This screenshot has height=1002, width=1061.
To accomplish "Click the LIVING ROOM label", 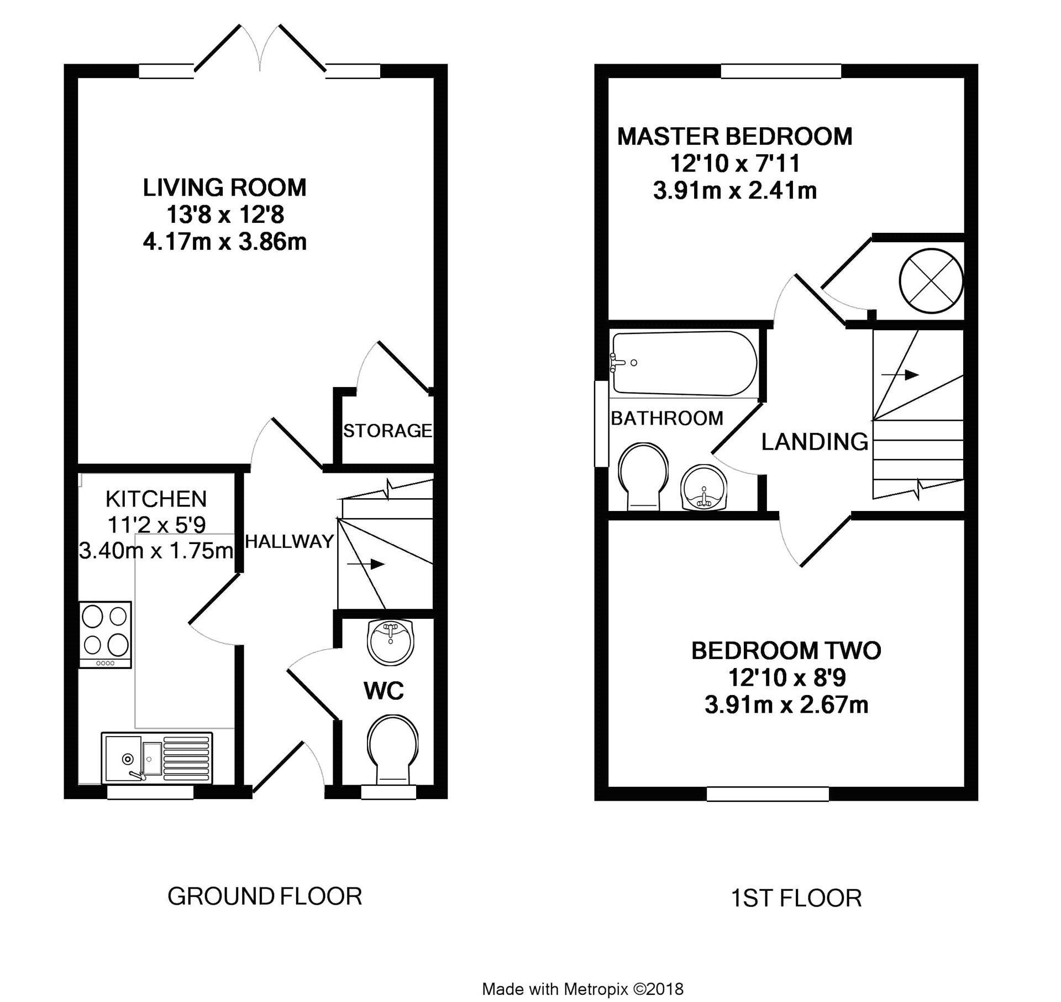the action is tap(224, 188).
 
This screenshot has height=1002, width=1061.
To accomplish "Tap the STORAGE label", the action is tap(387, 430).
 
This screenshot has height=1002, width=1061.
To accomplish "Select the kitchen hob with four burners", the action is tap(105, 635).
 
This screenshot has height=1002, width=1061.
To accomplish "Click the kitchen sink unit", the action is tap(157, 758).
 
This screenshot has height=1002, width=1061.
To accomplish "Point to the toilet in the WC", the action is tap(392, 749).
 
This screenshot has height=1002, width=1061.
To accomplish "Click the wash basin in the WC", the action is tap(391, 642).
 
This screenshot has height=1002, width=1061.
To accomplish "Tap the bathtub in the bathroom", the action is tap(684, 363).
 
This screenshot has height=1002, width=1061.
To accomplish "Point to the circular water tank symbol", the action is tap(931, 281).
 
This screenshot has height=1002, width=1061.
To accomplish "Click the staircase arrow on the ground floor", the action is tap(365, 564).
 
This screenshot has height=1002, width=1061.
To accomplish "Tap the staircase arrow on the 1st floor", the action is tap(900, 375).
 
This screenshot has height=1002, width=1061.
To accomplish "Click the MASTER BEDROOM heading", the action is tap(734, 137).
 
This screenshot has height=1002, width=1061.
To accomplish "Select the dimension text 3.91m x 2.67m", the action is tap(786, 704).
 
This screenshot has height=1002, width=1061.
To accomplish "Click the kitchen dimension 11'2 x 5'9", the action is tap(156, 524).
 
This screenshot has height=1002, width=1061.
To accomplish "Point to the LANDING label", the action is tap(815, 441).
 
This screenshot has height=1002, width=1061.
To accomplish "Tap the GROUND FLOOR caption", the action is tap(265, 896).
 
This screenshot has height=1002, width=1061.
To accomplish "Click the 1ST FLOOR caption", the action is tap(796, 899).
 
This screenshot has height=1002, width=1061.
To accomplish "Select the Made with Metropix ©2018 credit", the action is tap(583, 989).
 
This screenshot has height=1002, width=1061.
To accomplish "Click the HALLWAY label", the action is tap(290, 541).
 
